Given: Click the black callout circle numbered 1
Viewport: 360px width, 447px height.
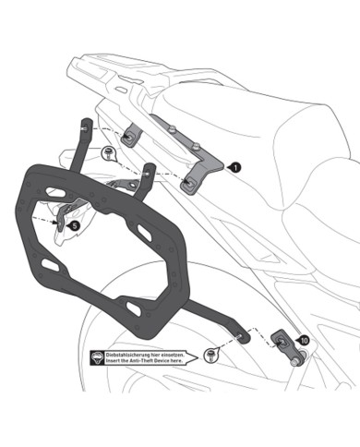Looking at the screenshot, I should [235, 167].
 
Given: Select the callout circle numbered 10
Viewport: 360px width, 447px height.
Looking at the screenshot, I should [304, 341].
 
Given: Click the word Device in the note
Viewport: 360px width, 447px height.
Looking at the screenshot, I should [177, 363].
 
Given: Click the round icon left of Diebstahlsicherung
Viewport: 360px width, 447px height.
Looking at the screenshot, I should [97, 358].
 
